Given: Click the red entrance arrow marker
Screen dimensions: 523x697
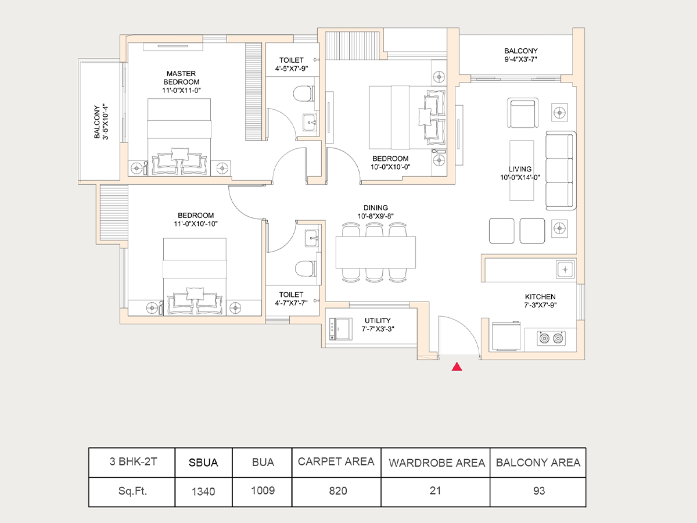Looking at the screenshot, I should click(x=457, y=366).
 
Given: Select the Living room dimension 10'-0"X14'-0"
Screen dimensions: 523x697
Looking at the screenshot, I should click(x=520, y=178).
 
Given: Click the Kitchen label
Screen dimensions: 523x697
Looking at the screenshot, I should click(x=540, y=296).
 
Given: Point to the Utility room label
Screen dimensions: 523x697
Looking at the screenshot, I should click(x=378, y=320).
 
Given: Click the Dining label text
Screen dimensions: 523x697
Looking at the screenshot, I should click(x=376, y=208).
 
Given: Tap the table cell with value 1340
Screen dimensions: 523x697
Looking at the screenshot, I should click(x=203, y=492).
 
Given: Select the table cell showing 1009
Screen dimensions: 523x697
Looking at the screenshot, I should click(x=263, y=490).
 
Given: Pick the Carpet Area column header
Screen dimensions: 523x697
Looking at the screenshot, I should click(x=336, y=462).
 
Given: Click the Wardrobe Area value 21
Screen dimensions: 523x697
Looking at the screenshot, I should click(x=436, y=490).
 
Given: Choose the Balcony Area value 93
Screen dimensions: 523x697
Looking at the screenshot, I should click(x=538, y=490).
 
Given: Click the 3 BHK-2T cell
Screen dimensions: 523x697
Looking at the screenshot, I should click(x=133, y=463).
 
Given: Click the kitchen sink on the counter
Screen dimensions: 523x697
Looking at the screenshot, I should click(x=565, y=269).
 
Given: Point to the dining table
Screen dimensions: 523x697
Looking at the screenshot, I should click(x=376, y=252).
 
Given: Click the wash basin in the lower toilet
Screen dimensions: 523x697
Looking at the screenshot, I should click(x=312, y=237).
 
